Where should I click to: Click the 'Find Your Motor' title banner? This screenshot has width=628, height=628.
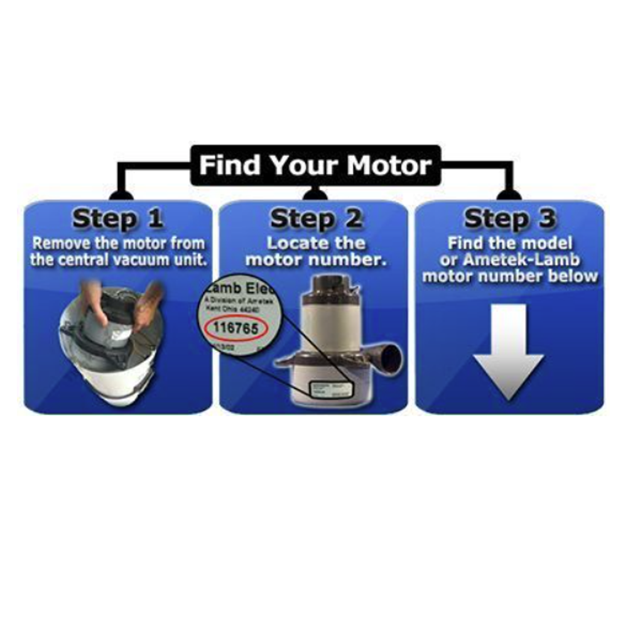(x=315, y=166)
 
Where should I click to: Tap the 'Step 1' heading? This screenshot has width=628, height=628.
(x=117, y=219)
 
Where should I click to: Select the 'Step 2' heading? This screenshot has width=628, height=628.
(x=316, y=219)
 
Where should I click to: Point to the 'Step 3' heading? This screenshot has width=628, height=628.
(x=509, y=219)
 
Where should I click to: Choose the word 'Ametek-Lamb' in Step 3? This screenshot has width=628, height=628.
(x=527, y=259)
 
